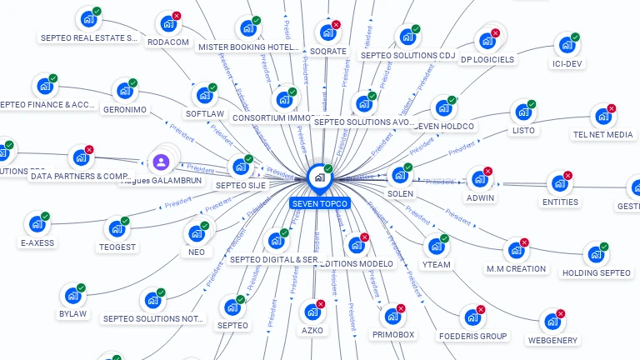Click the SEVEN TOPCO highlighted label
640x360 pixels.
click(x=321, y=203)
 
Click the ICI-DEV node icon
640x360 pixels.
click(x=567, y=45)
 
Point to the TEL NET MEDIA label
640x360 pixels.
click(x=602, y=134)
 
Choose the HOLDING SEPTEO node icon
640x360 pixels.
click(x=595, y=255)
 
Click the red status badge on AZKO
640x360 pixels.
click(x=321, y=304)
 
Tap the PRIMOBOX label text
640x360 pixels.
click(x=393, y=334)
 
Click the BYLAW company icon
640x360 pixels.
click(x=72, y=296)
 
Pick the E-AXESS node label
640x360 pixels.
click(x=37, y=243)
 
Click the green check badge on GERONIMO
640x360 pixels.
click(x=133, y=83)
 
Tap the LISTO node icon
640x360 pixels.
click(x=523, y=112)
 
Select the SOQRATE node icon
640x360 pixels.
click(x=327, y=33)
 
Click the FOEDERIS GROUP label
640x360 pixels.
click(x=472, y=336)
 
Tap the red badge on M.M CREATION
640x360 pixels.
click(x=525, y=242)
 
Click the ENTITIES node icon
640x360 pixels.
click(x=559, y=183)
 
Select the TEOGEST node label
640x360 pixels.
click(x=117, y=247)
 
